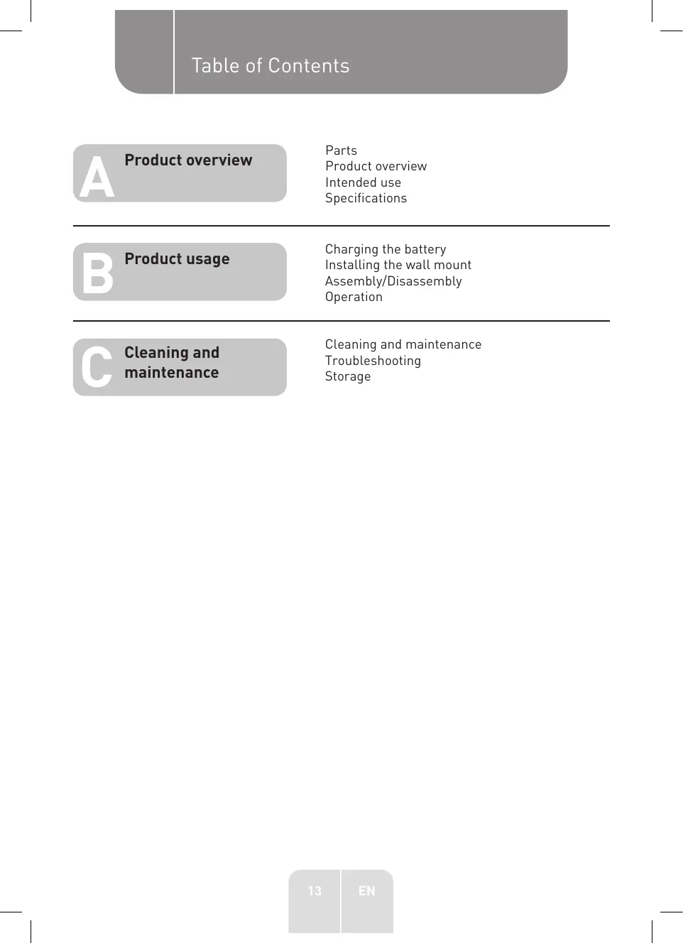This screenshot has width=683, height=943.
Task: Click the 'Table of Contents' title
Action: [271, 66]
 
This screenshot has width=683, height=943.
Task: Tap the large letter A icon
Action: [97, 178]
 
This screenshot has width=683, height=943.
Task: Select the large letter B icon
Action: [97, 273]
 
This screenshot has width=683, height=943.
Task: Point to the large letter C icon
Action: [97, 367]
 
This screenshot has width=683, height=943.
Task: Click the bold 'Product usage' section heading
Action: [177, 259]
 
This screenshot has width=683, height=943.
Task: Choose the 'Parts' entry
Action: [341, 151]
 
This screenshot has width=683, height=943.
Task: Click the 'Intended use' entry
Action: [363, 182]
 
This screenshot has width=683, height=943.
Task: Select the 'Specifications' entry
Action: [366, 198]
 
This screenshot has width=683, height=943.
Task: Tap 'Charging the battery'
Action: [386, 249]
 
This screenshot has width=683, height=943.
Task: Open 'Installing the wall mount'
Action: [398, 265]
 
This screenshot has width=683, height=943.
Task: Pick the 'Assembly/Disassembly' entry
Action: [393, 281]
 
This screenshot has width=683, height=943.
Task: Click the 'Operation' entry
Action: [354, 297]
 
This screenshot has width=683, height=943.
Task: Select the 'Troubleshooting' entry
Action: [373, 361]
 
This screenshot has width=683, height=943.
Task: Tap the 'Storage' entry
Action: [348, 376]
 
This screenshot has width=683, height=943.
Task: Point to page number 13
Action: [315, 891]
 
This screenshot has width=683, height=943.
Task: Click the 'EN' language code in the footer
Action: [366, 891]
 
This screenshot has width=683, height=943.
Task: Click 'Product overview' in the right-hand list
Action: [376, 166]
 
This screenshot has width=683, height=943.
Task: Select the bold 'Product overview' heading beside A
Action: [188, 160]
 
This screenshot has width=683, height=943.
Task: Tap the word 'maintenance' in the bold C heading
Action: [172, 373]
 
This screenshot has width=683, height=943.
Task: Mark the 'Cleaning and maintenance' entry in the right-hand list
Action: [403, 344]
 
